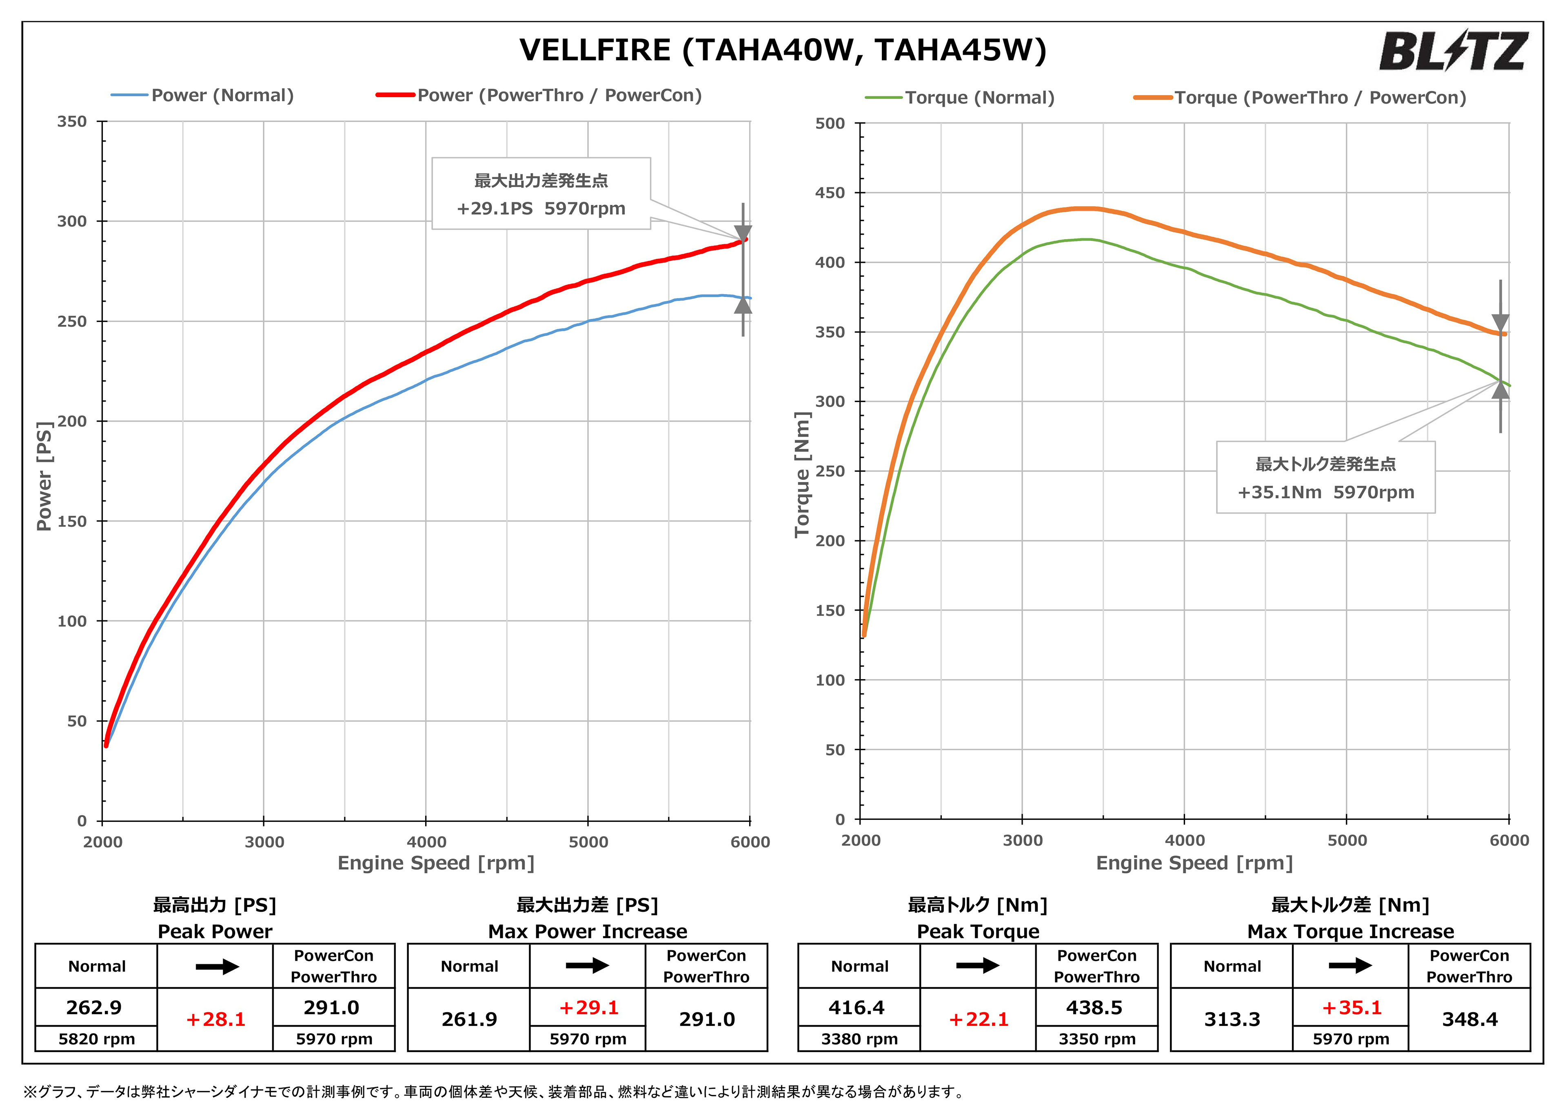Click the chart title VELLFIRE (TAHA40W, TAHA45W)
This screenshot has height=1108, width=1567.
(782, 51)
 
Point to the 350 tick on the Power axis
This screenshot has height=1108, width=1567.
(72, 122)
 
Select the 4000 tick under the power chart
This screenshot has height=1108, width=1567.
(426, 842)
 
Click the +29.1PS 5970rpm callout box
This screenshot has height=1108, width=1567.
(541, 194)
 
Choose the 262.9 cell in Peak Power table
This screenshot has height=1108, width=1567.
(94, 1008)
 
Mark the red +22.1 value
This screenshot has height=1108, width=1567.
(978, 1019)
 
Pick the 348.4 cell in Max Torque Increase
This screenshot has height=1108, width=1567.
(1469, 1019)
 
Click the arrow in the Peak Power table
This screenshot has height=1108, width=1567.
(216, 967)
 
